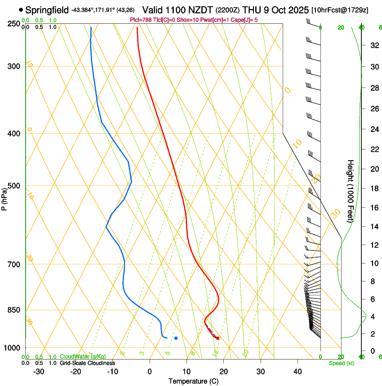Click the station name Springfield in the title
47,10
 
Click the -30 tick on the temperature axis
39,371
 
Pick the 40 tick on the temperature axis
298,371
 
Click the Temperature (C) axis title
193,381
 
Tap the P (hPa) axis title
4,198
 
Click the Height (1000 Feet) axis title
351,191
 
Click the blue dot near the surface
176,338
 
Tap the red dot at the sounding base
218,338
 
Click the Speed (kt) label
342,363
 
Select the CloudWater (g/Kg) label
82,357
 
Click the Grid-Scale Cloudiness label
87,363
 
